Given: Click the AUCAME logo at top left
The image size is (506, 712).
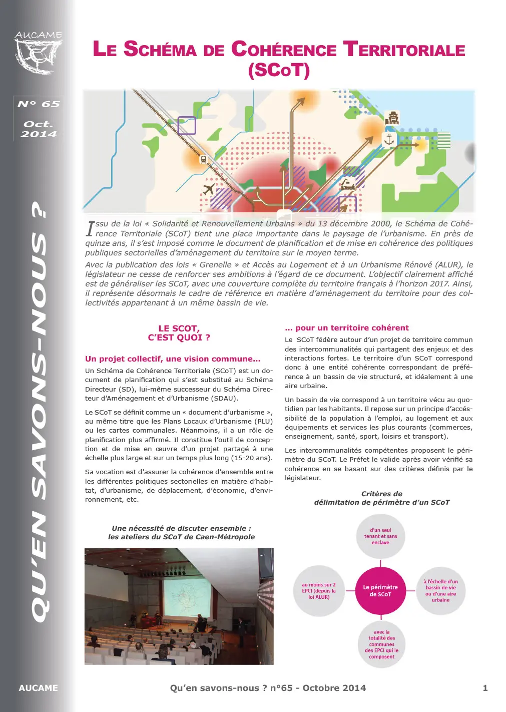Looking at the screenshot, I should pyautogui.click(x=39, y=52).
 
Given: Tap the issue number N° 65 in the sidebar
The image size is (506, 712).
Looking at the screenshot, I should pyautogui.click(x=39, y=104).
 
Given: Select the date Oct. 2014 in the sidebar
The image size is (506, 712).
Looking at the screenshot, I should pyautogui.click(x=39, y=129).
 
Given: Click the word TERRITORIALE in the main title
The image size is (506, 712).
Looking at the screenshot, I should pyautogui.click(x=404, y=50).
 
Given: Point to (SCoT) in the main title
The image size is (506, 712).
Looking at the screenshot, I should pyautogui.click(x=279, y=70).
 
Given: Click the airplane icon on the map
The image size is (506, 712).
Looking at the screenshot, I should pyautogui.click(x=209, y=190).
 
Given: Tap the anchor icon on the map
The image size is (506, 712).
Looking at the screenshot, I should pyautogui.click(x=389, y=140).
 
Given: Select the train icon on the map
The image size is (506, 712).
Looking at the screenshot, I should pyautogui.click(x=203, y=160).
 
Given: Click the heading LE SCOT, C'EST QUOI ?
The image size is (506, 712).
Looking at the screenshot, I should pyautogui.click(x=179, y=333).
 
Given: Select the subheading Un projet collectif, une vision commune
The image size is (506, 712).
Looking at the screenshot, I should pyautogui.click(x=173, y=359).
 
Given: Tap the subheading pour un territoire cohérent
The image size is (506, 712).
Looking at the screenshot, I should pyautogui.click(x=347, y=328).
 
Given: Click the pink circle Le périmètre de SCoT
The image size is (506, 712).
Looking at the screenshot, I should pyautogui.click(x=380, y=591).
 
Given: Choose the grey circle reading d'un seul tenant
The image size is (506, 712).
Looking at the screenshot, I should pyautogui.click(x=380, y=536).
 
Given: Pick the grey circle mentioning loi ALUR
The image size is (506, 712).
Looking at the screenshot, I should pyautogui.click(x=319, y=591).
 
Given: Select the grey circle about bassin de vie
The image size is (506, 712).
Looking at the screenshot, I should pyautogui.click(x=440, y=591).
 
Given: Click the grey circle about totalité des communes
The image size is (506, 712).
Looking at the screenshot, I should pyautogui.click(x=381, y=644).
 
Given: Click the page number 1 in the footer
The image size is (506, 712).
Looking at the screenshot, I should pyautogui.click(x=485, y=688).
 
